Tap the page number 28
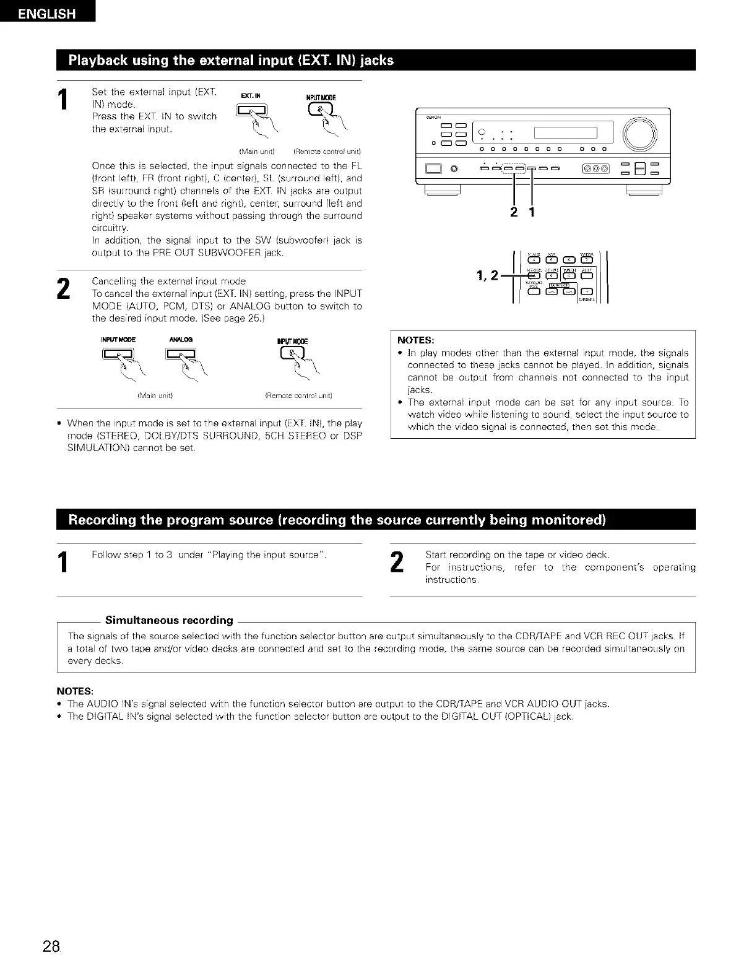pos(51,946)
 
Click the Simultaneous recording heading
pos(169,620)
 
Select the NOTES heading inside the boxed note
pos(415,340)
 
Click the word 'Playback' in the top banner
pos(99,61)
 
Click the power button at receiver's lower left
pos(433,168)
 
